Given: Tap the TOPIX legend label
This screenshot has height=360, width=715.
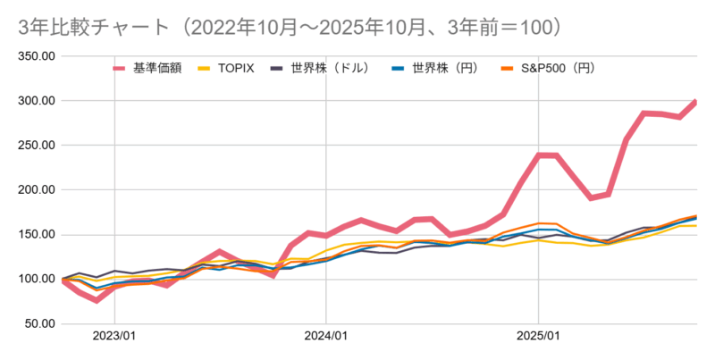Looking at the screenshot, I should pos(238,67).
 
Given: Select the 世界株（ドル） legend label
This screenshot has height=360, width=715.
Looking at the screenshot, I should pos(330,67).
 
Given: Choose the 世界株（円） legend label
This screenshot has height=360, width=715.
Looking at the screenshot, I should pos(439,67).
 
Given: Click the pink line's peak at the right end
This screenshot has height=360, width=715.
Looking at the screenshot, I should pos(695,102).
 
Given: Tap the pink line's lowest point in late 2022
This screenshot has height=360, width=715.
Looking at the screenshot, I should pos(97,300).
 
